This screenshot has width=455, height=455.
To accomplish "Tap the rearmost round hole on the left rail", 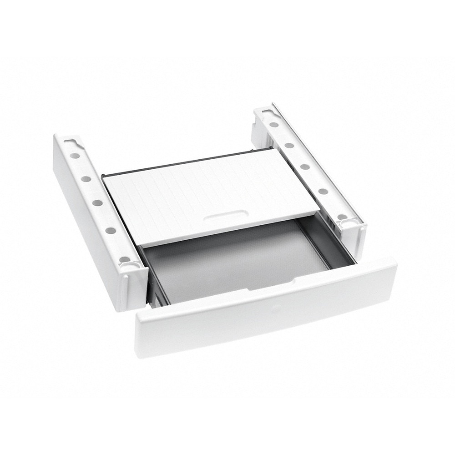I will point(75,156).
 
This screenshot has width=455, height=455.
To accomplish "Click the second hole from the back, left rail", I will point(86,178).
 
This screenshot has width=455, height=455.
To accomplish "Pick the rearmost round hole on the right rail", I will point(273,124).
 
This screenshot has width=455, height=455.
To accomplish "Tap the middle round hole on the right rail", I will point(305,167).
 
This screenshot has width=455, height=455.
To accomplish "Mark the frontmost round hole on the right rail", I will point(342,217).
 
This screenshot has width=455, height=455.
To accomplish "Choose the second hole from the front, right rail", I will point(323,191).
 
